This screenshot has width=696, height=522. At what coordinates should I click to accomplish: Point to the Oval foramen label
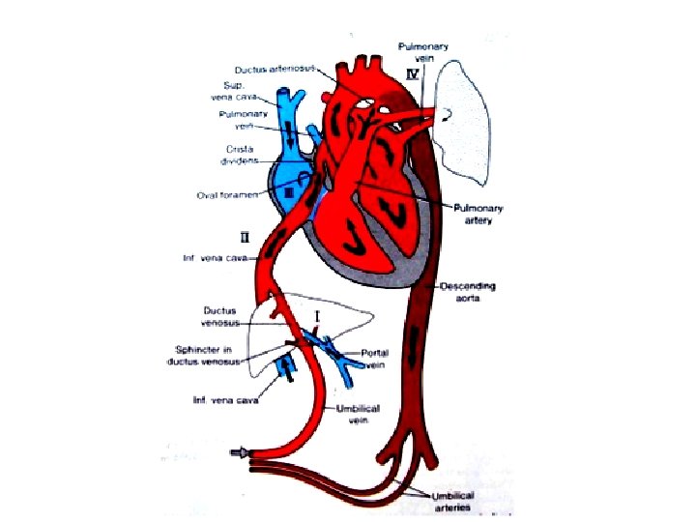(x=221, y=196)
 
